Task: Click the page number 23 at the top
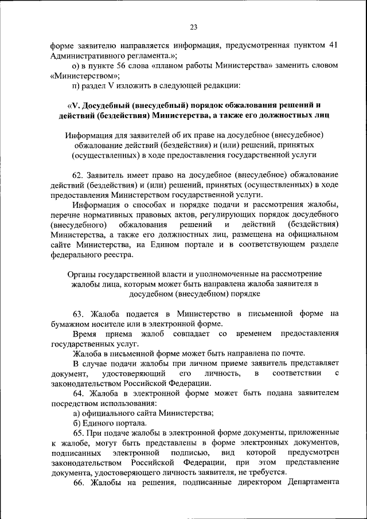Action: tap(194, 27)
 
